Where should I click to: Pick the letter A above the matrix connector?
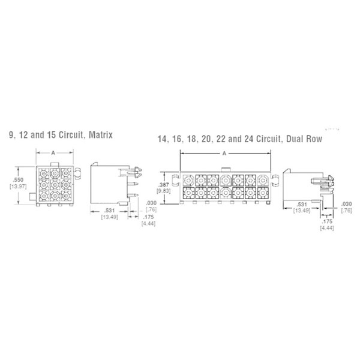53,154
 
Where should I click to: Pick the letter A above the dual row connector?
224,154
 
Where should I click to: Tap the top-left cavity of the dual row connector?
188,179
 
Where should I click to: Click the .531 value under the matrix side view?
109,211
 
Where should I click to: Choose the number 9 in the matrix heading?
11,134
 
